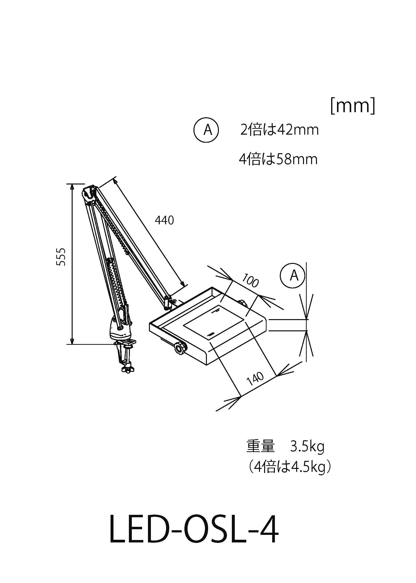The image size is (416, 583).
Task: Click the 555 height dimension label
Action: point(61,257)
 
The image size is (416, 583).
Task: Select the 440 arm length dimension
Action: point(164,220)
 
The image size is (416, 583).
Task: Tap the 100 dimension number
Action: point(250,281)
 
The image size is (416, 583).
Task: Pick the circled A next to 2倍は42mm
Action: point(206,130)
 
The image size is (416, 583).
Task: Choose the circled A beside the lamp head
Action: point(292,276)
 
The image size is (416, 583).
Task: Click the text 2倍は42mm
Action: point(279,130)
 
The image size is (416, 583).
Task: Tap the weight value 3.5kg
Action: point(307,447)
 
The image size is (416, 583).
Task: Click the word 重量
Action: point(260,446)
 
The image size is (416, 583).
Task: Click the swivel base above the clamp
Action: point(120,330)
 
